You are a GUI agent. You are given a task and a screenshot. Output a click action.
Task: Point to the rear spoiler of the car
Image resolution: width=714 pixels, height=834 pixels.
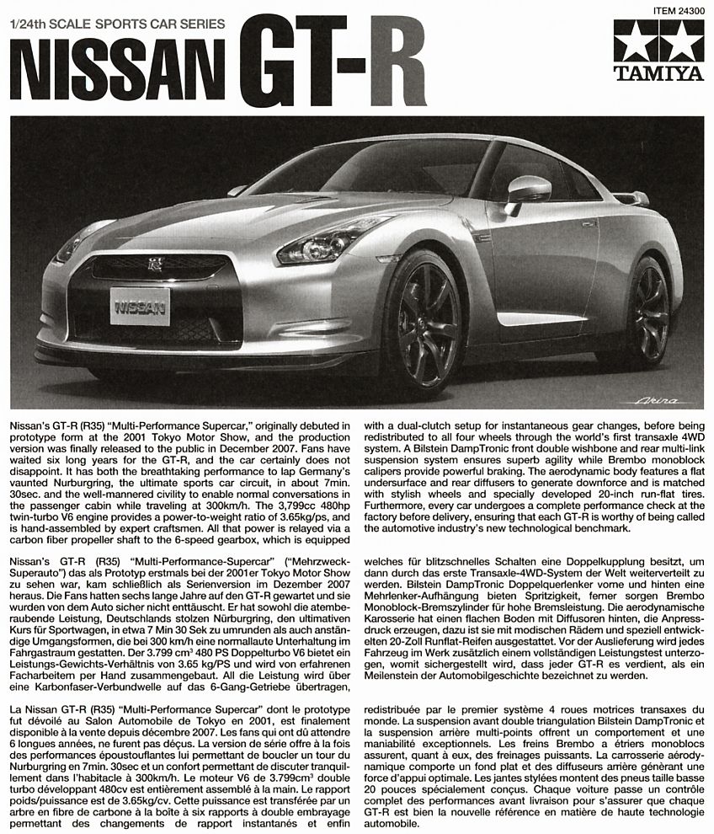633,199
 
